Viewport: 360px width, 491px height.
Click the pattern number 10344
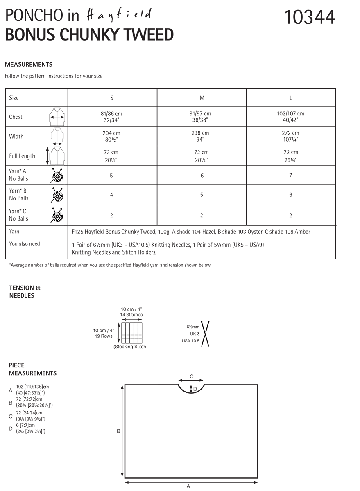tap(310, 17)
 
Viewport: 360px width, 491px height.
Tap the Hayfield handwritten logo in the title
tap(119, 15)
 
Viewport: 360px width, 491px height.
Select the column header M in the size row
tap(202, 98)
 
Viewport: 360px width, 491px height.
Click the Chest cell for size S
tap(112, 117)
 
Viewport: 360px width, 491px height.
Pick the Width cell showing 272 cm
tap(291, 136)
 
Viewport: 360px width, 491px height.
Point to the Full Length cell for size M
tap(202, 156)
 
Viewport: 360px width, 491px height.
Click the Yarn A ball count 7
tap(291, 175)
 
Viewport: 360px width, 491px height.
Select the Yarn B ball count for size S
tap(112, 195)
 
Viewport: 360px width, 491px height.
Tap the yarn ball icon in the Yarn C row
tap(57, 215)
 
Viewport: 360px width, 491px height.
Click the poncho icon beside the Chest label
tap(57, 117)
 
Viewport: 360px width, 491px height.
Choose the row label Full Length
tap(22, 156)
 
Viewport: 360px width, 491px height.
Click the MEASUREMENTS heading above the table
tap(29, 64)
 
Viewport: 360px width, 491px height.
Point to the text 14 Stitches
tap(131, 315)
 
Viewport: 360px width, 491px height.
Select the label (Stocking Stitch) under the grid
tap(131, 347)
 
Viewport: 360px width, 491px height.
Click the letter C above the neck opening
tap(191, 376)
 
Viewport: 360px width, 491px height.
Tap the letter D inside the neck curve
tap(195, 389)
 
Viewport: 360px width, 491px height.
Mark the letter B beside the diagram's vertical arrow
tap(119, 431)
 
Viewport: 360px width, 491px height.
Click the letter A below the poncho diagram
tap(188, 486)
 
